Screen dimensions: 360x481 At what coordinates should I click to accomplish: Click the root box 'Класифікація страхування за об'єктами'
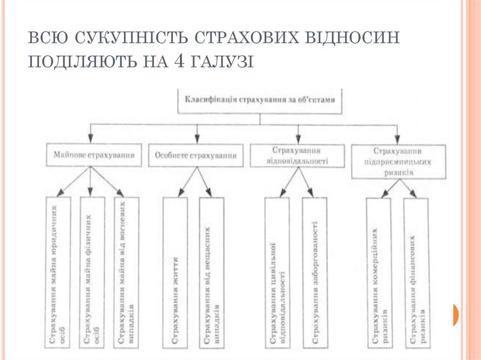[x=260, y=100]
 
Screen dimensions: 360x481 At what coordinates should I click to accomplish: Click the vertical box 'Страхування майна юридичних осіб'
[x=59, y=272]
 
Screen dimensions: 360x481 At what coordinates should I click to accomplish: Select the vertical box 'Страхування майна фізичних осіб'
[x=92, y=272]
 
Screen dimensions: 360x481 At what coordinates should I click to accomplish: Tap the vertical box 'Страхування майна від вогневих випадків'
[x=126, y=272]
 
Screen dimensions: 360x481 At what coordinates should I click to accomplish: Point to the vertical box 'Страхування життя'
[x=175, y=272]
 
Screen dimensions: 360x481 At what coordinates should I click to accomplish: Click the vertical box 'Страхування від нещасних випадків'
[x=211, y=272]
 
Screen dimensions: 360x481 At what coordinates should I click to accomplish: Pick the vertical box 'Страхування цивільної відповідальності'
[x=277, y=272]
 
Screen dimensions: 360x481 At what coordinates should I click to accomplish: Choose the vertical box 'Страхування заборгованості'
[x=314, y=272]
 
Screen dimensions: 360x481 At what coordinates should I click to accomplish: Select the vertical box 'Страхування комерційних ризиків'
[x=379, y=272]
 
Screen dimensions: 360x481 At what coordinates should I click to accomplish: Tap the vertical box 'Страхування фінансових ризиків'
[x=416, y=272]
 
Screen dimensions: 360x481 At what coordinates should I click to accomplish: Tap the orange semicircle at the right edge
[x=456, y=314]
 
